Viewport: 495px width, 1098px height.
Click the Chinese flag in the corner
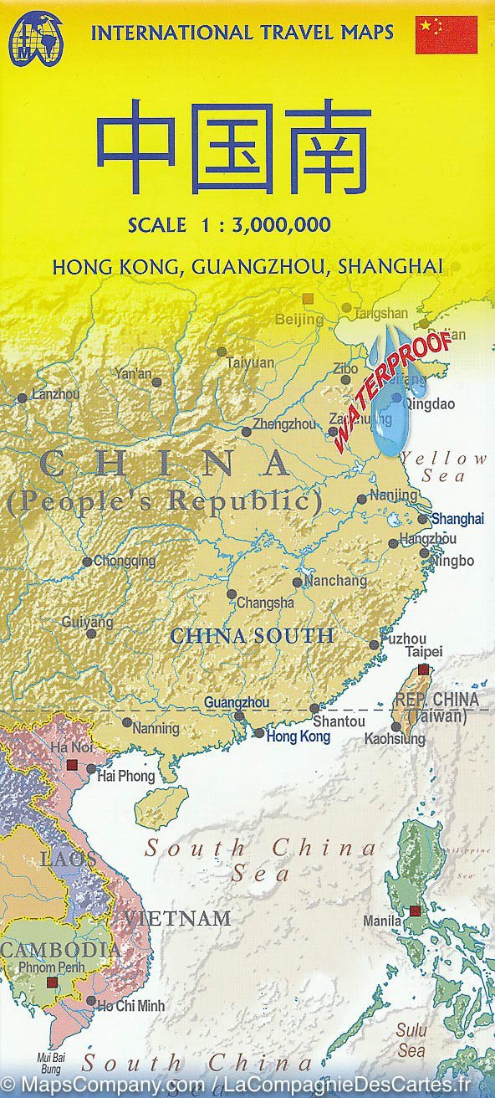tap(446, 34)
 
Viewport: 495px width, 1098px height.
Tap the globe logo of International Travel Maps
tap(35, 38)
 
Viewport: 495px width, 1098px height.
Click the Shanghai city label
tap(457, 519)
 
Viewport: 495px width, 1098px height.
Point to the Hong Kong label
tap(298, 737)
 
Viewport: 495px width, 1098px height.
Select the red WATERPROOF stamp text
tap(392, 391)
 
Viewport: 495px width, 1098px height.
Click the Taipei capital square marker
tap(423, 670)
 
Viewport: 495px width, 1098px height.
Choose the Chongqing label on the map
tap(125, 562)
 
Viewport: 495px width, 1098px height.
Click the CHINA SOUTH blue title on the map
tap(252, 636)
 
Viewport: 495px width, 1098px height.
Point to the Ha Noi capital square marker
tap(72, 765)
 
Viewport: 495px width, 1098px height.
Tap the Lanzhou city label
tap(55, 394)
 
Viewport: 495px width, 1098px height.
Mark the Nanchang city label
tap(335, 581)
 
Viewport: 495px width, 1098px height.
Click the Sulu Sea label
tap(411, 1039)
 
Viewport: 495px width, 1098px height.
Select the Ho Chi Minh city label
tap(131, 1005)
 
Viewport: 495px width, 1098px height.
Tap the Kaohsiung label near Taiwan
tap(395, 739)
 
